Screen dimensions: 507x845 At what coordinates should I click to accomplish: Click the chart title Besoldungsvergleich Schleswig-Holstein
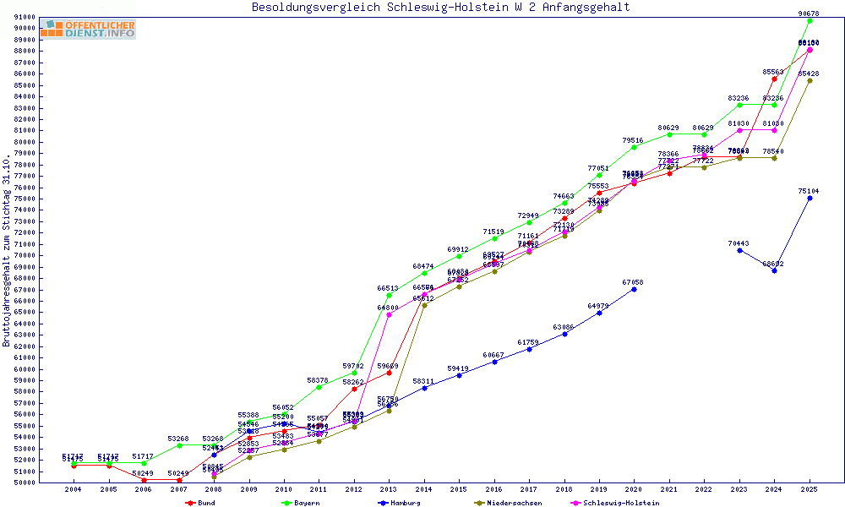coord(440,8)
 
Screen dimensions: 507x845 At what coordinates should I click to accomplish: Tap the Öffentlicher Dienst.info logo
coord(87,29)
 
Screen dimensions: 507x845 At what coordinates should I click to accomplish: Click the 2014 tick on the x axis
coord(424,489)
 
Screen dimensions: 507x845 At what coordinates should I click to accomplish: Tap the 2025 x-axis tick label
coord(810,489)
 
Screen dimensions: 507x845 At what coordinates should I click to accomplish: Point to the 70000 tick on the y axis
coord(25,255)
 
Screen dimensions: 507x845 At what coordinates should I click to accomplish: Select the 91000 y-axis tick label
coord(25,17)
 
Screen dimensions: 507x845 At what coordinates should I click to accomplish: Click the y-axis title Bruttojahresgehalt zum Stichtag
coord(7,251)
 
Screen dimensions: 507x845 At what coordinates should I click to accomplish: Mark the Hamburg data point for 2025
coord(810,198)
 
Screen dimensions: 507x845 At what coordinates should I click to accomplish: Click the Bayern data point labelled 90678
coord(810,20)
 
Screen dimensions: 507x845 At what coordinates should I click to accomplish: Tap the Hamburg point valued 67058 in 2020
coord(634,289)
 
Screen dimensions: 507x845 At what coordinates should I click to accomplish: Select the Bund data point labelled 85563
coord(774,79)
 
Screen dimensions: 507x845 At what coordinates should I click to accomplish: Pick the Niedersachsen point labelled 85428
coord(810,80)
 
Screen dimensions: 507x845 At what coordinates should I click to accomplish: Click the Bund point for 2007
coord(179,480)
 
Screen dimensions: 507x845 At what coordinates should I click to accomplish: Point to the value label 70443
coord(739,243)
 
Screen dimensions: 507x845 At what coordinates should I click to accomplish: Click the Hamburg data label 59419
coord(459,368)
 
